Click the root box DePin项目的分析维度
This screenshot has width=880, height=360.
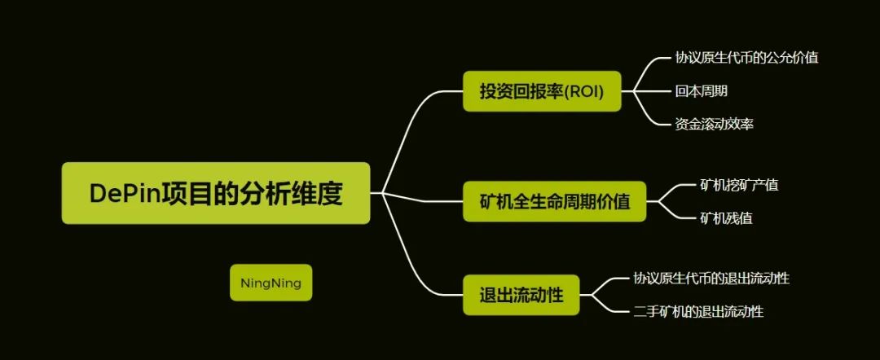(x=215, y=193)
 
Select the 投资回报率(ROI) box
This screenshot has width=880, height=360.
(x=542, y=91)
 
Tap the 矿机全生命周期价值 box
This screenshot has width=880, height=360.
(x=555, y=201)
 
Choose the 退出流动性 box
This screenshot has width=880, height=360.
(x=521, y=294)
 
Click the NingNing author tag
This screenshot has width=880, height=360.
(x=271, y=283)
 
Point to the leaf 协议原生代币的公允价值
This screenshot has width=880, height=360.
(x=746, y=58)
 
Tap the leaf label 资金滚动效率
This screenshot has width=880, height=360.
(x=714, y=124)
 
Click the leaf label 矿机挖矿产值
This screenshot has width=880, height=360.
(x=739, y=185)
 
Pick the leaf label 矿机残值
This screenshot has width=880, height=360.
(x=726, y=218)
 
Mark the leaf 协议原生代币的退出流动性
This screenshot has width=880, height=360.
(x=711, y=278)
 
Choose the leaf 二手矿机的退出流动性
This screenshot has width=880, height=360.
(x=698, y=311)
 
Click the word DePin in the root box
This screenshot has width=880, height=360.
(x=125, y=194)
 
